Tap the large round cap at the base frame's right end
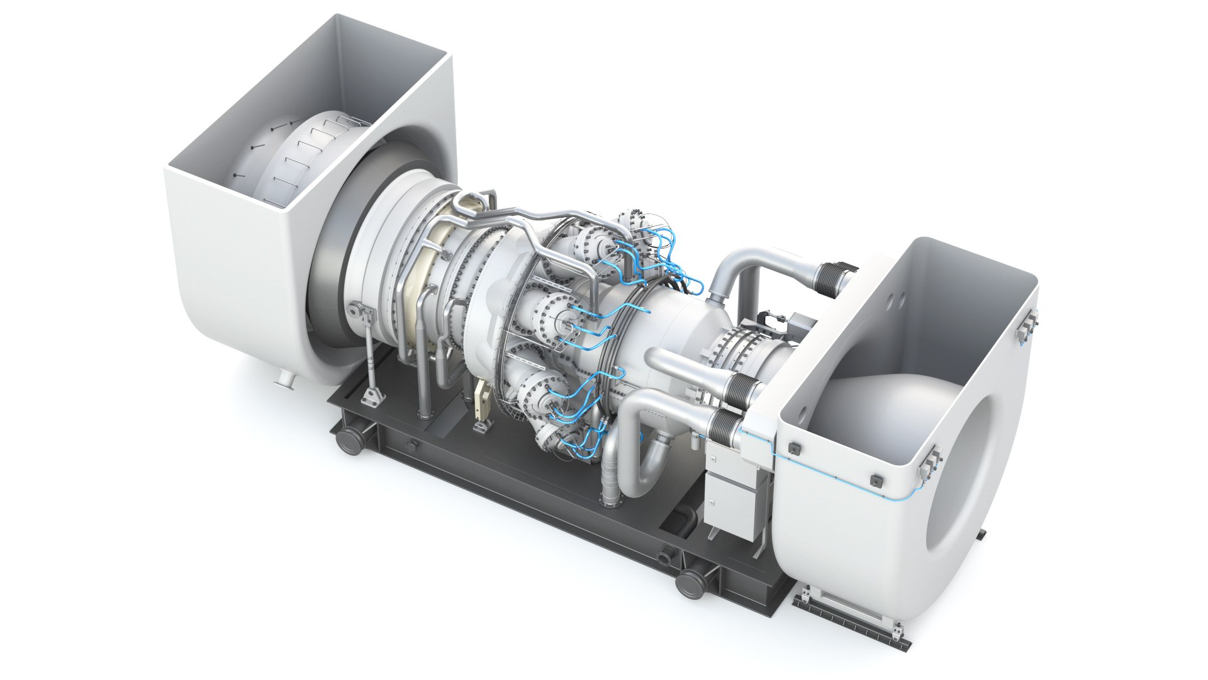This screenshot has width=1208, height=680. coord(692,584)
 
